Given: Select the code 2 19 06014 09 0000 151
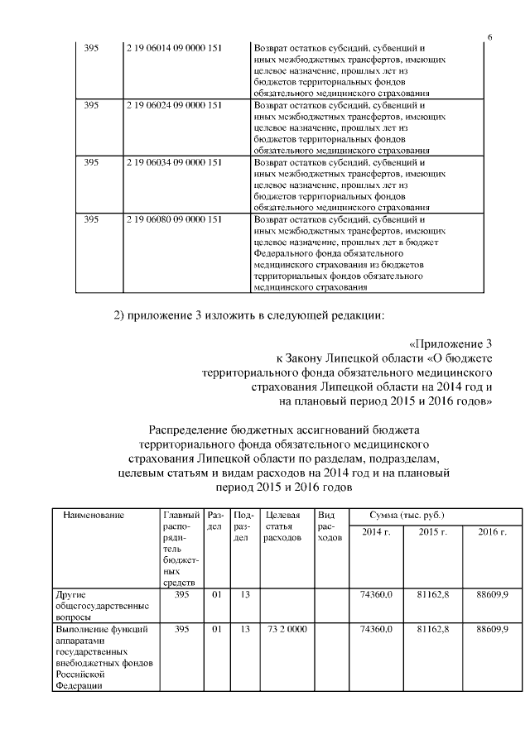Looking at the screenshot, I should click(x=174, y=49).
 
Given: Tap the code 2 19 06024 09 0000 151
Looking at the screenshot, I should click(x=174, y=106).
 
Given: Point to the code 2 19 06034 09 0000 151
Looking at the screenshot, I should click(x=174, y=163).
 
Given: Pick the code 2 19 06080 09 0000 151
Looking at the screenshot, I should click(x=174, y=220).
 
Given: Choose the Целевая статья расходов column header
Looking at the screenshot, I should click(x=285, y=526).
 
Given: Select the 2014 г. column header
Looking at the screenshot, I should click(x=376, y=531).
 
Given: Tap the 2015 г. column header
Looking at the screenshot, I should click(x=433, y=531).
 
